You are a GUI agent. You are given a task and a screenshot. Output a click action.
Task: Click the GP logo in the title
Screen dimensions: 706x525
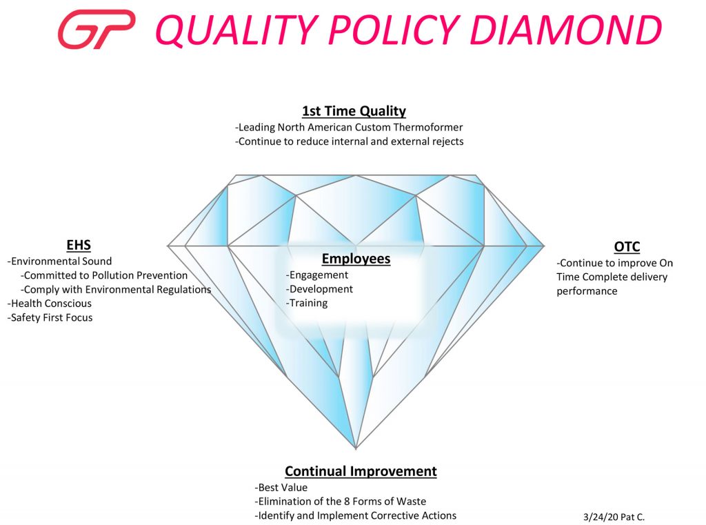tap(97, 29)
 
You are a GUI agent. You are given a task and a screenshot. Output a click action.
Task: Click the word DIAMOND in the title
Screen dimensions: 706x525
tap(565, 30)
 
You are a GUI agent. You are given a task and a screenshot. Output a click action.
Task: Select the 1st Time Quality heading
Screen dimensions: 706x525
tap(354, 111)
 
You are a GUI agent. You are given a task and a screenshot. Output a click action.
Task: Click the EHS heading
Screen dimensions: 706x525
tap(79, 245)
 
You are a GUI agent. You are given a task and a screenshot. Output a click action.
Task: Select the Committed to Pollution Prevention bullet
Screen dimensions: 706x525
tap(104, 275)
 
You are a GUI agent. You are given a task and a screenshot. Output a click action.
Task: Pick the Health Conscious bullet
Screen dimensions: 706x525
tap(50, 304)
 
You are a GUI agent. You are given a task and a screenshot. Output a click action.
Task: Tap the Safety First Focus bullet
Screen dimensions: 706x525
tap(50, 318)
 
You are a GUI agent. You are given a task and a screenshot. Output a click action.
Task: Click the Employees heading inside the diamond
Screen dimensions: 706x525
tap(356, 259)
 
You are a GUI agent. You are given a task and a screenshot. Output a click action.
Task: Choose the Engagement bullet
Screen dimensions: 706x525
tap(317, 275)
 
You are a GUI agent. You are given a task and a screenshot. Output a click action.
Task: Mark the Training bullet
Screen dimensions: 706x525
tap(307, 303)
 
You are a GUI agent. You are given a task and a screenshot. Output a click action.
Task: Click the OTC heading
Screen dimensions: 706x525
tap(627, 247)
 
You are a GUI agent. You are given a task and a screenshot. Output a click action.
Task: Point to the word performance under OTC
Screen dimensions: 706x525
tap(587, 291)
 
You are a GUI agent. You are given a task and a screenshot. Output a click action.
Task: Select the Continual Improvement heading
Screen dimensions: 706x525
tap(361, 471)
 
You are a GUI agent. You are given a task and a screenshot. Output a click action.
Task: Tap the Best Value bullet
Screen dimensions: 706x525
tap(281, 488)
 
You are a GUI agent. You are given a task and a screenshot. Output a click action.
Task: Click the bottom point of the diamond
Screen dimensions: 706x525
tap(356, 449)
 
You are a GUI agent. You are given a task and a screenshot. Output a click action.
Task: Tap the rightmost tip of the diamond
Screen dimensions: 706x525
tap(544, 246)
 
